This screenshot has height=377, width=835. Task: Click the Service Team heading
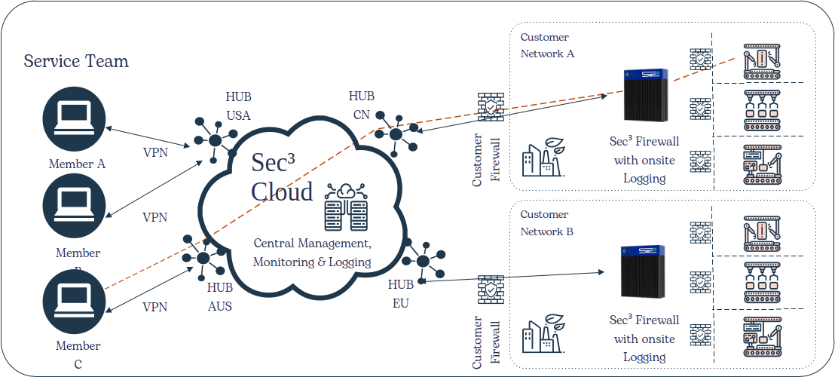click(x=76, y=61)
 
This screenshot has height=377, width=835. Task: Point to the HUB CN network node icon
click(x=396, y=133)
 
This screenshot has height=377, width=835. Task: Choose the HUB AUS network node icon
click(x=204, y=256)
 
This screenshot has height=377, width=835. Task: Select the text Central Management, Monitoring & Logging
click(x=312, y=253)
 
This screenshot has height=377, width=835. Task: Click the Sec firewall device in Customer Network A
click(x=647, y=97)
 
